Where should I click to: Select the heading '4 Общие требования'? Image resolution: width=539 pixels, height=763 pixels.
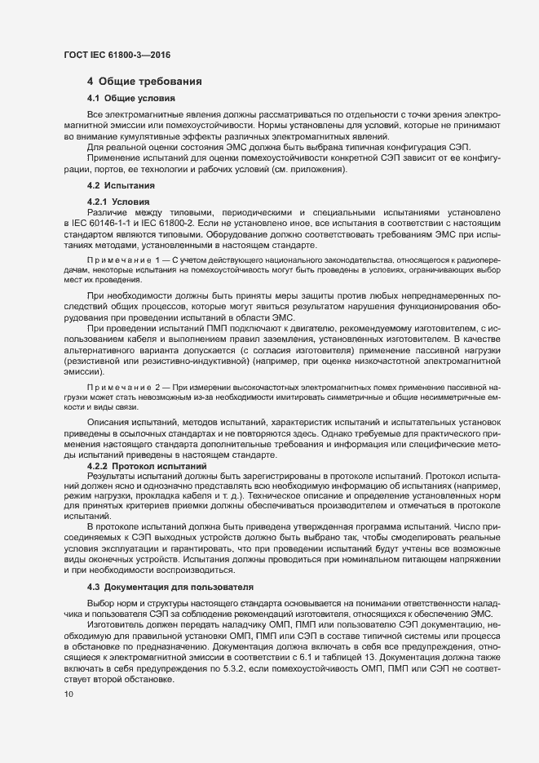[144, 82]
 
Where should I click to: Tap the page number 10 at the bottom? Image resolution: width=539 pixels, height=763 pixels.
[68, 694]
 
